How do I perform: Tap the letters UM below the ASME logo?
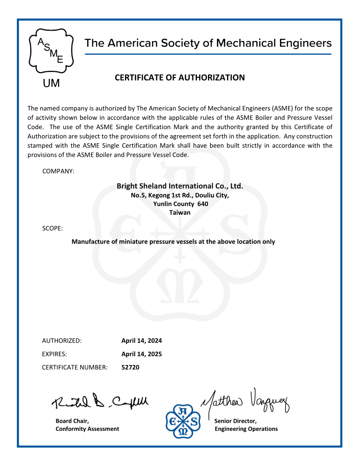(x=52, y=83)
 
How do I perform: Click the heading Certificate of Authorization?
(x=180, y=78)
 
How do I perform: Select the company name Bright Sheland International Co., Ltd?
(x=180, y=186)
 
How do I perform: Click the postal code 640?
(x=202, y=204)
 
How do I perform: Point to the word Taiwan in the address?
(x=180, y=212)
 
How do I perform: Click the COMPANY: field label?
(x=58, y=171)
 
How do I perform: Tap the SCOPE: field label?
(x=53, y=228)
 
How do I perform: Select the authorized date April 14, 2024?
(x=141, y=341)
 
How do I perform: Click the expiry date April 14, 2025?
(x=141, y=354)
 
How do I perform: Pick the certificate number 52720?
(x=130, y=367)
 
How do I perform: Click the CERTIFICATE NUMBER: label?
(x=75, y=367)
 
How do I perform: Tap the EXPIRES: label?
(x=54, y=354)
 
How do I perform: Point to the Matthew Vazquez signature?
(x=246, y=400)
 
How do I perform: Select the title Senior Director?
(x=235, y=421)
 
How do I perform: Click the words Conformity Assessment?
(x=87, y=429)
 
